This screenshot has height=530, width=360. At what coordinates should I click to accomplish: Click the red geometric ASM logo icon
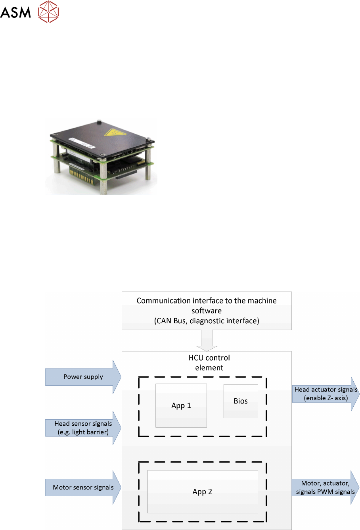pos(48,11)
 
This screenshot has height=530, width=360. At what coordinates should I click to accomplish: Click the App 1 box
pos(181,405)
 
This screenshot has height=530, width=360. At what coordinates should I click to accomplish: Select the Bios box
pos(241,401)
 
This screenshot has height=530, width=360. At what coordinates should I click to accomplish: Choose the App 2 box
pos(202,492)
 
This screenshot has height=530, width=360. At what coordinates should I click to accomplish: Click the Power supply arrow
pos(83,377)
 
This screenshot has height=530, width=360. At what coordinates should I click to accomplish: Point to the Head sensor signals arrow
pos(83,428)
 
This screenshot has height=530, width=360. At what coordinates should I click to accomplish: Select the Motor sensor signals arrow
pos(83,487)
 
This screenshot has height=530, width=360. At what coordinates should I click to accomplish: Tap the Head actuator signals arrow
pos(326,394)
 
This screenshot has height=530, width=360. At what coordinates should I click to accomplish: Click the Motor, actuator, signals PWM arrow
pos(325,488)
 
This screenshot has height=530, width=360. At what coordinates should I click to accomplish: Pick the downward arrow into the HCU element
pos(207,341)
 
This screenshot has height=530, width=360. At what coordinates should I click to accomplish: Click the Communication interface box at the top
pos(207,311)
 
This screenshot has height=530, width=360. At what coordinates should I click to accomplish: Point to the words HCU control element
pos(209,363)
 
